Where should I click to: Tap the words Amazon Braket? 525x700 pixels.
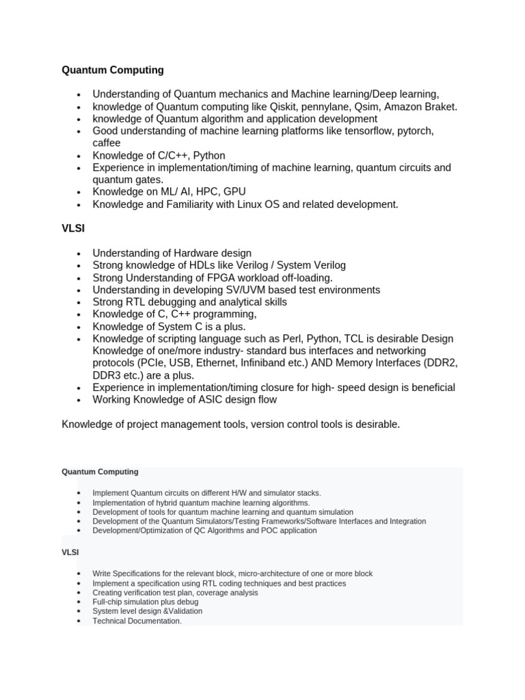click(422, 107)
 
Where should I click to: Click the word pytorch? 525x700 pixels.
click(414, 131)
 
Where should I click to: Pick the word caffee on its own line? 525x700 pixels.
click(107, 143)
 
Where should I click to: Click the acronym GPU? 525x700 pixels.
click(233, 192)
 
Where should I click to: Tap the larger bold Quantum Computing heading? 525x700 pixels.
click(113, 70)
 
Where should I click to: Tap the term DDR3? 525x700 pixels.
click(108, 375)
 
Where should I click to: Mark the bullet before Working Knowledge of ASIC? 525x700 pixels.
click(79, 401)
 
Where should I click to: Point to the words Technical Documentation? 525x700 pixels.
click(137, 621)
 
